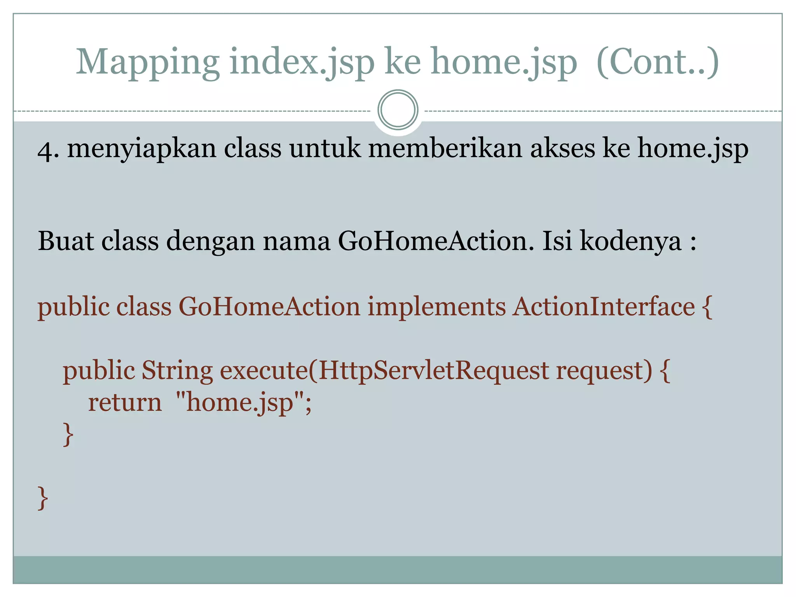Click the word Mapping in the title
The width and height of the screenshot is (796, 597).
(x=148, y=62)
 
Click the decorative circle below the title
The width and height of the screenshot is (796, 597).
(x=398, y=110)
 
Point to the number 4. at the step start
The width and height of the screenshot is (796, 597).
(x=48, y=150)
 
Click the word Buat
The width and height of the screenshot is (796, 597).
(x=66, y=241)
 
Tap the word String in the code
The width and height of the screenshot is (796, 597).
(x=177, y=371)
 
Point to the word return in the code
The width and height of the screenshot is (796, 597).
(x=125, y=402)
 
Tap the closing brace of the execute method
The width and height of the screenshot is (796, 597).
(x=68, y=434)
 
